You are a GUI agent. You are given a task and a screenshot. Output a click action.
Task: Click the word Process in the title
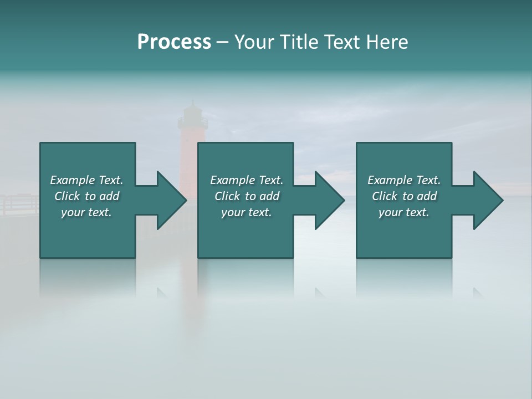click(x=174, y=42)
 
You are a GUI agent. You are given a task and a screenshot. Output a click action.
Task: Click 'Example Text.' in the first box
click(x=86, y=180)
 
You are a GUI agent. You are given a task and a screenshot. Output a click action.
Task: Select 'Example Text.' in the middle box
click(x=247, y=180)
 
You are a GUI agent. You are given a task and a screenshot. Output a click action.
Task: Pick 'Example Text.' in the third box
click(x=404, y=180)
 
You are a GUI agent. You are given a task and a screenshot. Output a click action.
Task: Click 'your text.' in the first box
click(x=86, y=212)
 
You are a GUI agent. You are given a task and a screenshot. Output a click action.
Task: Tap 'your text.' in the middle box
click(x=247, y=212)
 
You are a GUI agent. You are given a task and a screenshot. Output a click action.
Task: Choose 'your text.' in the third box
click(x=404, y=212)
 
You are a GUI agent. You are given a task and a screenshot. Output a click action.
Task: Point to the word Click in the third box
click(x=385, y=196)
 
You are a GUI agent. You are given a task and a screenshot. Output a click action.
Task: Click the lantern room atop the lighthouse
click(x=192, y=115)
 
